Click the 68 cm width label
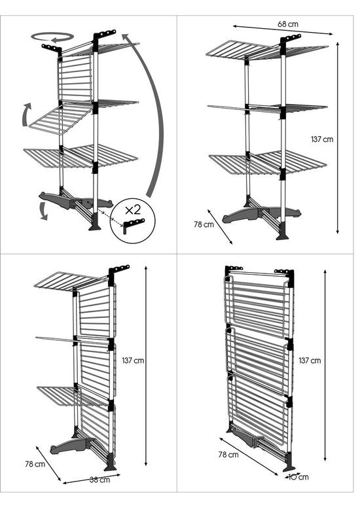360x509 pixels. point(287,24)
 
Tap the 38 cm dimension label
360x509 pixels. point(99,480)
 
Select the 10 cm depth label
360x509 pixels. point(298,477)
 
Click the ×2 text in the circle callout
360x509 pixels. point(133,209)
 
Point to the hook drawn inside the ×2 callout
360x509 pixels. point(134,224)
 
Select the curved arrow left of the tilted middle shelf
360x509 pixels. point(26,114)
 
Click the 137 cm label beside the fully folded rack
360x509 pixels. point(310,360)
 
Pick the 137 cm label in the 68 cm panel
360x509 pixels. point(321,139)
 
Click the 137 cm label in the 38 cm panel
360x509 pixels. point(133,360)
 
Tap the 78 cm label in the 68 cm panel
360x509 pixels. point(204,224)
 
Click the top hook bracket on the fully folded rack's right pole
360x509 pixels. point(284,271)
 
